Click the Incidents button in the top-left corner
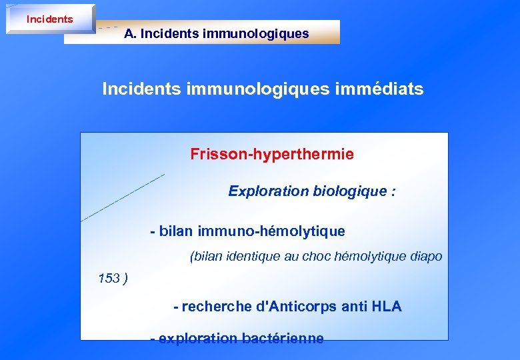coord(50,19)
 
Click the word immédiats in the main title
coord(385,89)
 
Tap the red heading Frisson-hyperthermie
coord(272,155)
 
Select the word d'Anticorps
coord(297,307)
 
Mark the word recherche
coord(217,307)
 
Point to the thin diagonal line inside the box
coord(123,197)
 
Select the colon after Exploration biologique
coord(393,192)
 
